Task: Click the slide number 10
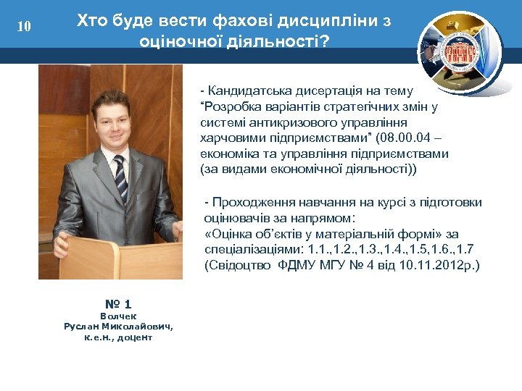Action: click(24, 27)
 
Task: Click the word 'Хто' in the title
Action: click(92, 21)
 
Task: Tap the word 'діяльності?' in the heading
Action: click(283, 42)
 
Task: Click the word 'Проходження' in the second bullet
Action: click(251, 202)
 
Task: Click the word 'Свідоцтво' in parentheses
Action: click(241, 265)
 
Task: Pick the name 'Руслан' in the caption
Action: click(82, 327)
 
